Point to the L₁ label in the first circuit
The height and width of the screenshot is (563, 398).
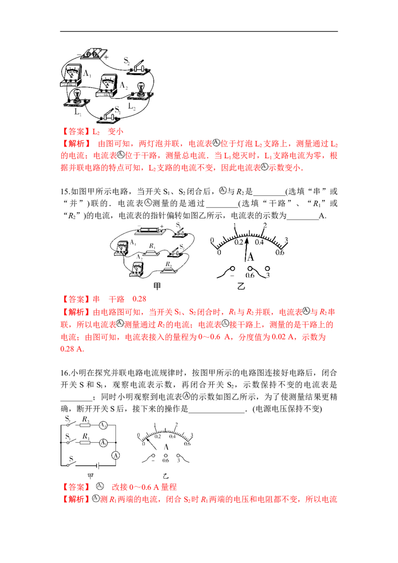click(x=84, y=74)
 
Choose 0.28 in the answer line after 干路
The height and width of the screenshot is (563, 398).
click(x=140, y=299)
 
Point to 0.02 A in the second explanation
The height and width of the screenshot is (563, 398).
click(x=259, y=337)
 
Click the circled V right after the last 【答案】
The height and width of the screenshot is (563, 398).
click(x=99, y=486)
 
